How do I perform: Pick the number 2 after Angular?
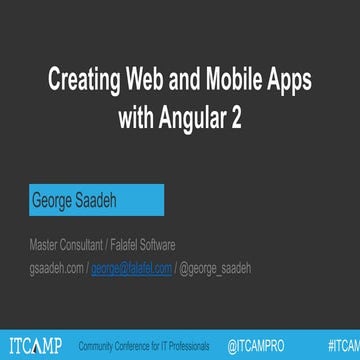(x=236, y=117)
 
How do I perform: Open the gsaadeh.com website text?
(x=55, y=267)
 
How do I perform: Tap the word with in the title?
(x=134, y=117)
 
